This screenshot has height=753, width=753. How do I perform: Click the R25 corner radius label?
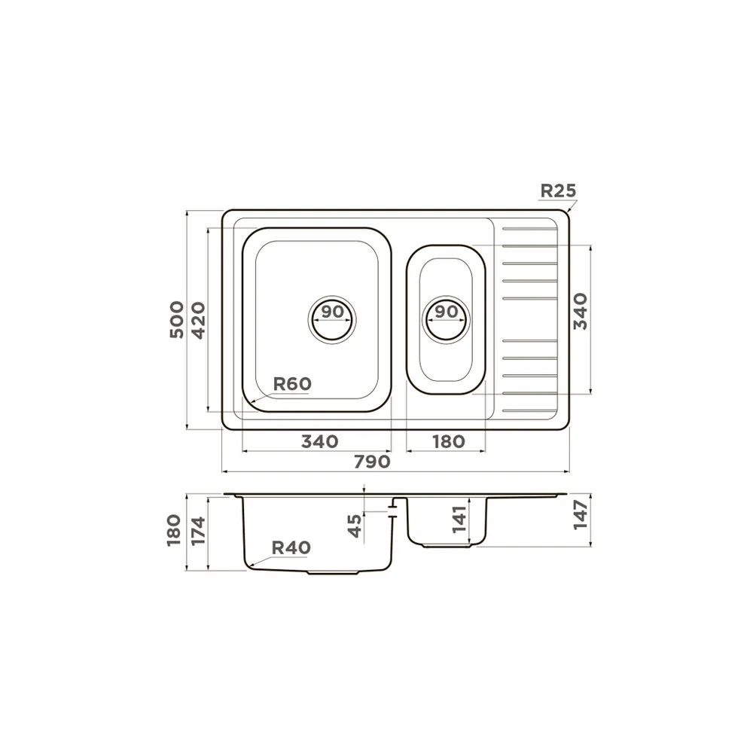pos(558,191)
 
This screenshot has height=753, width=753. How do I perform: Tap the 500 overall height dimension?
pos(177,320)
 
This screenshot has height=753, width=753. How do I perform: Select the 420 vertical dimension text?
pos(198,320)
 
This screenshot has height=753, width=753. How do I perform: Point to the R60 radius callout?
pos(292,384)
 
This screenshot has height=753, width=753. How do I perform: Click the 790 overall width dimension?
pos(372,462)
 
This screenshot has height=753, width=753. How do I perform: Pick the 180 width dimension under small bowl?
pos(449,441)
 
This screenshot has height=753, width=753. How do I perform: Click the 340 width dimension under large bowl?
pos(320,441)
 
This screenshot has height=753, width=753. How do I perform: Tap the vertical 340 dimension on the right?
pos(580,311)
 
